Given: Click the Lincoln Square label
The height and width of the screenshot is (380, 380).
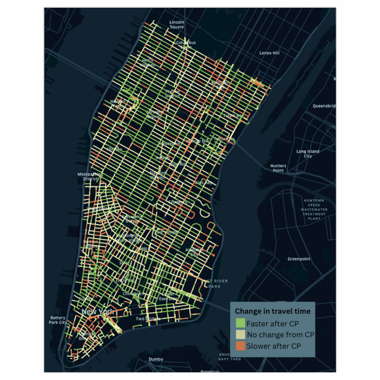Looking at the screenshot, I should pyautogui.click(x=177, y=24).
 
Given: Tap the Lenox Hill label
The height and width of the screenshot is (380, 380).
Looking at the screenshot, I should pyautogui.click(x=269, y=53).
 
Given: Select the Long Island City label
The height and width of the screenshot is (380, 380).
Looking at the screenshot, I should pyautogui.click(x=308, y=154).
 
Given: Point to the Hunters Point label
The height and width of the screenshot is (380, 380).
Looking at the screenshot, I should pyautogui.click(x=278, y=168).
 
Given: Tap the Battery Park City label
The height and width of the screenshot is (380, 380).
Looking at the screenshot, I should pyautogui.click(x=58, y=320).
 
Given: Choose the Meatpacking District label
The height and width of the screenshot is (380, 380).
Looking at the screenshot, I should pyautogui.click(x=90, y=177).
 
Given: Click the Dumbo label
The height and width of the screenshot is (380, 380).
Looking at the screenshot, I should pyautogui.click(x=156, y=359).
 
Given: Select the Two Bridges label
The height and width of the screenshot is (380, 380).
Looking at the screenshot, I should pyautogui.click(x=148, y=319).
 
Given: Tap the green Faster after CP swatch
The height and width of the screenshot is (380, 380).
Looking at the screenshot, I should pyautogui.click(x=240, y=323).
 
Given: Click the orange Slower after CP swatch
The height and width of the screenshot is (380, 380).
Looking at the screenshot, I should pyautogui.click(x=240, y=346).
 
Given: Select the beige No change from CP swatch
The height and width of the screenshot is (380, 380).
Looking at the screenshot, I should pyautogui.click(x=240, y=335).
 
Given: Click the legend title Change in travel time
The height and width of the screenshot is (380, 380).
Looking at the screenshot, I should pyautogui.click(x=273, y=311).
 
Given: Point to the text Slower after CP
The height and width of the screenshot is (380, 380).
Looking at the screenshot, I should pyautogui.click(x=274, y=346).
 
